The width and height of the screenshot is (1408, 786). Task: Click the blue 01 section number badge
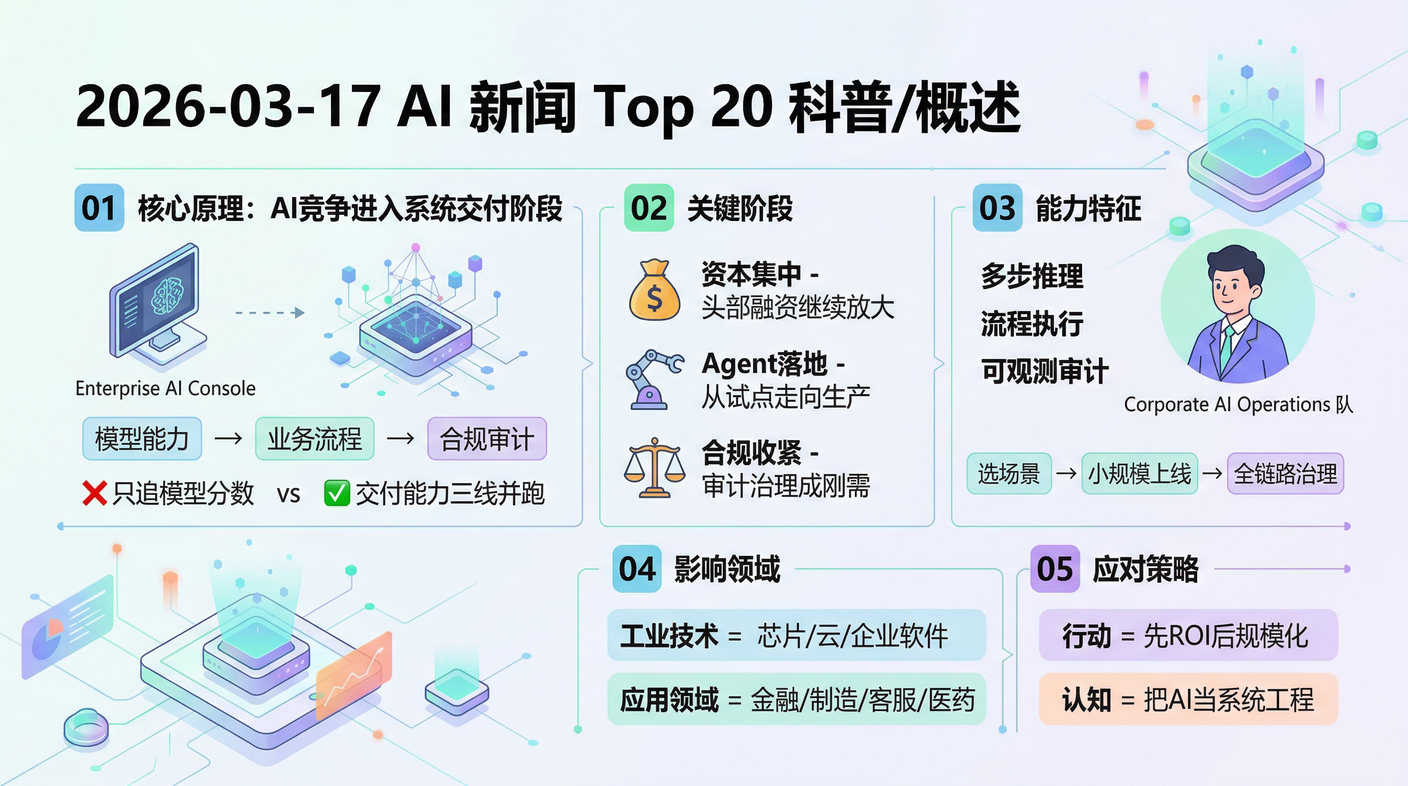coord(99,208)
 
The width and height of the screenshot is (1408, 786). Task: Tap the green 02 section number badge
coord(649,208)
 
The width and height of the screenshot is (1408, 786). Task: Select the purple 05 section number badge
coord(1055,569)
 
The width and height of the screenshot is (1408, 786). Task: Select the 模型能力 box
coord(142,439)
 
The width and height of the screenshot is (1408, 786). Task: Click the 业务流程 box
coord(315,439)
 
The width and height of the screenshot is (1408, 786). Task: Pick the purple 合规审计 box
coord(487,439)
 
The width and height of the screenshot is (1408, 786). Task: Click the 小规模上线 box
coord(1139,473)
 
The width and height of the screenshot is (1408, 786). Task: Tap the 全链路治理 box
coord(1286,473)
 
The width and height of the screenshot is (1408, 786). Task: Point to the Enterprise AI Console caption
coord(166,388)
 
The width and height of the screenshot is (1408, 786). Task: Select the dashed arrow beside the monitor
coord(270,313)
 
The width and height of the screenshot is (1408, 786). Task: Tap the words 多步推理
coord(1032,276)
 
